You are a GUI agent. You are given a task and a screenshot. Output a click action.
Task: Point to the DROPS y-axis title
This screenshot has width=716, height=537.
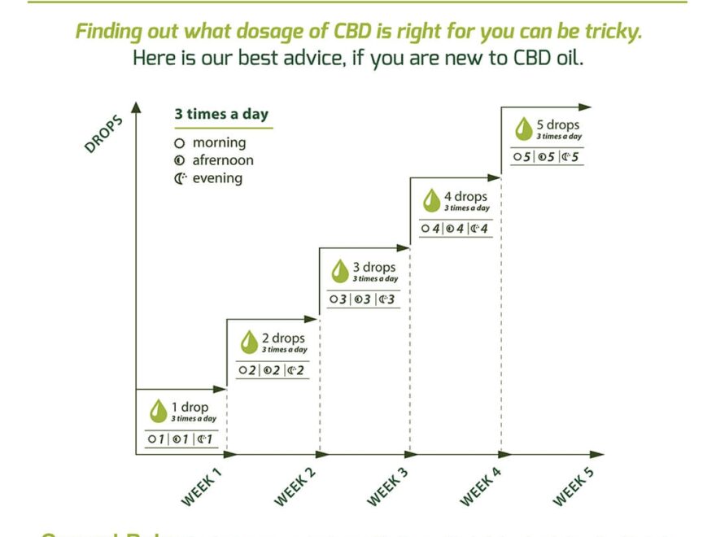click(x=103, y=134)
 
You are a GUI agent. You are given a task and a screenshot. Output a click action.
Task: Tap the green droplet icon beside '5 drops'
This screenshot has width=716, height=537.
click(x=523, y=129)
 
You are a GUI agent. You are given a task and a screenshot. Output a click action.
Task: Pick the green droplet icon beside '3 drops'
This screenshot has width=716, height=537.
click(x=339, y=271)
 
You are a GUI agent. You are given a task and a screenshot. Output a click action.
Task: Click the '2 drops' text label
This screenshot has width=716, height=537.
click(x=284, y=338)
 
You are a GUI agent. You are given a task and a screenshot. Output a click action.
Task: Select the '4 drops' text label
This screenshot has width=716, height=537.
click(x=466, y=196)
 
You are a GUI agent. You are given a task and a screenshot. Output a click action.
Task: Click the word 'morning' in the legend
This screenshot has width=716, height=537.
click(x=219, y=143)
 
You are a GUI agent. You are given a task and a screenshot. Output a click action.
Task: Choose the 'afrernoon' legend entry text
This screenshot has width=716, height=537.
click(x=223, y=160)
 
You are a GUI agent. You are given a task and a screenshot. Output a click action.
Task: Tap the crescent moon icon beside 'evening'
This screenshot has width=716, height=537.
click(x=181, y=178)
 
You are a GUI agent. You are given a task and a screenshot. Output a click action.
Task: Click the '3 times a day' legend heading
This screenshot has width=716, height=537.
click(x=221, y=114)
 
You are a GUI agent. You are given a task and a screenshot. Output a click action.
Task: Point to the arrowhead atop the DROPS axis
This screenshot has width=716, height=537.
click(x=136, y=107)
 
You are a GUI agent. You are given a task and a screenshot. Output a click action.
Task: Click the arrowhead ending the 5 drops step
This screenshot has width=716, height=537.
click(x=586, y=106)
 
